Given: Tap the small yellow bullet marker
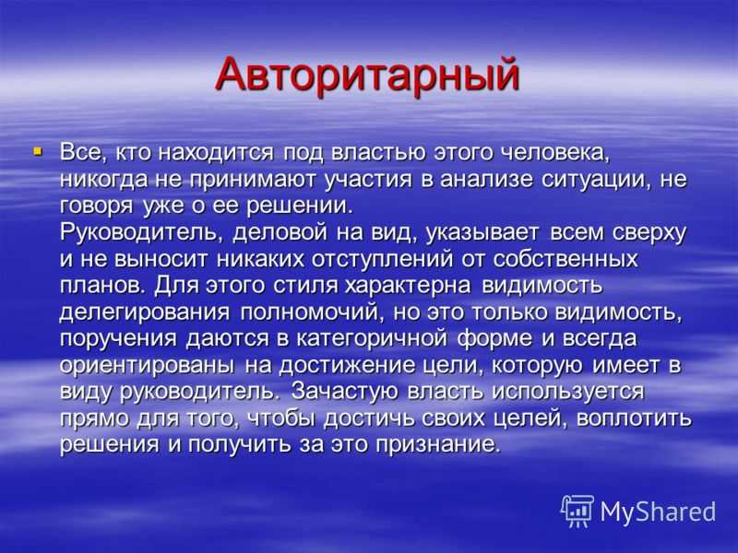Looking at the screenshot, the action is coord(38,152).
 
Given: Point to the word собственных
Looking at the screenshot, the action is coord(567,260).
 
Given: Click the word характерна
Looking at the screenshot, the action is coord(408,287).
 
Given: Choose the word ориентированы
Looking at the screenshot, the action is coord(147,366).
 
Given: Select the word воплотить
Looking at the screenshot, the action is coord(634,418).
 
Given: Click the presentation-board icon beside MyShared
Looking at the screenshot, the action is coord(577,511).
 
